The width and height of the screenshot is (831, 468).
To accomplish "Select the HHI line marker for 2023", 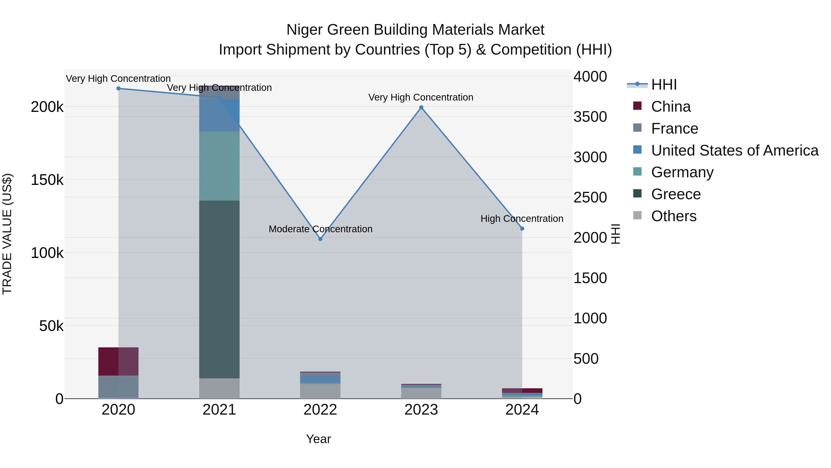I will (421, 107).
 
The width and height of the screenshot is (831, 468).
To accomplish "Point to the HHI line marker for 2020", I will (118, 89).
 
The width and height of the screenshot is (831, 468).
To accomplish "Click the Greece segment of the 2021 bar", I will (219, 289).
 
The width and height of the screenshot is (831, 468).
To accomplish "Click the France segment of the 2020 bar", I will (118, 386).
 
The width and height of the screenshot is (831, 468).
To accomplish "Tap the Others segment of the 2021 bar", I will (219, 388).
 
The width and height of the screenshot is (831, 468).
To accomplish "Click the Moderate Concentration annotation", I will (320, 229).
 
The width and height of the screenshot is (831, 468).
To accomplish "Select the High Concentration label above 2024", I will (522, 219).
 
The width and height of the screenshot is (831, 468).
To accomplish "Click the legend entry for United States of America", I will (734, 150).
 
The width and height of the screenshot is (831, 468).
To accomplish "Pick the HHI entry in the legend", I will (664, 85).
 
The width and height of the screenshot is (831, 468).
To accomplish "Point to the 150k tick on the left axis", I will (47, 180).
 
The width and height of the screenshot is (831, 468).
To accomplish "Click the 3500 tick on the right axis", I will (590, 117).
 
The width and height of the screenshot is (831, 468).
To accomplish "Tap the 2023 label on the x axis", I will (421, 410).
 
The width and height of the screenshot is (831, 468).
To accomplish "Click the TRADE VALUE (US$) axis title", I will (7, 234).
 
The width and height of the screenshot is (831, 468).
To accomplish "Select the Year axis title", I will (318, 439).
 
